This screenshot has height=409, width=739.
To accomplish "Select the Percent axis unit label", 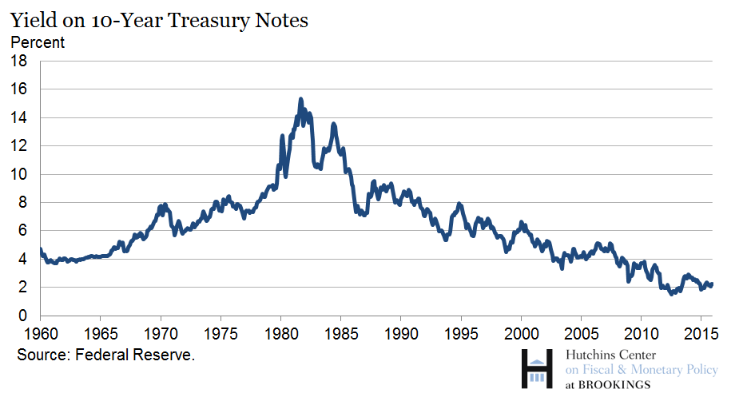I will pos(38,42).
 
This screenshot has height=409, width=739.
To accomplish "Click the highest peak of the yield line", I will pos(300,99).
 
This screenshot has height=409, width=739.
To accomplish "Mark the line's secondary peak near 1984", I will pos(333,124).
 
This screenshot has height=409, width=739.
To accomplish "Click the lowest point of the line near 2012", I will pos(672,294).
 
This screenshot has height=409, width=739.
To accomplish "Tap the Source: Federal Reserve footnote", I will pos(106,355).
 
